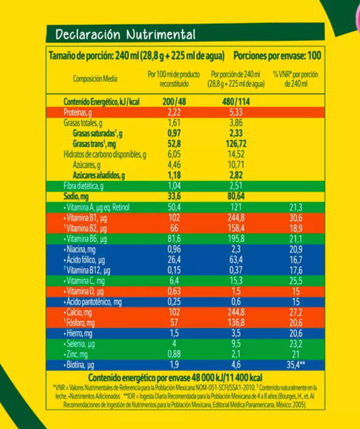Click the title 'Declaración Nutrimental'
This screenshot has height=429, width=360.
point(125,35)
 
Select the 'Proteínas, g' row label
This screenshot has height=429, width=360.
point(78,113)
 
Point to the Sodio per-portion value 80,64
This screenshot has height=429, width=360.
point(236,197)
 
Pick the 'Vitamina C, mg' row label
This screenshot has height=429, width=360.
point(84,281)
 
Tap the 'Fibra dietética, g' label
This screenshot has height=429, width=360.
point(84,186)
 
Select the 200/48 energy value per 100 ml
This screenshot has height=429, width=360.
point(174,102)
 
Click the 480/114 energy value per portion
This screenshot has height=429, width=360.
point(236,102)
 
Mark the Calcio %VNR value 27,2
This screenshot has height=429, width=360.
point(295,313)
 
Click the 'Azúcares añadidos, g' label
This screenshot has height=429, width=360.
point(99,176)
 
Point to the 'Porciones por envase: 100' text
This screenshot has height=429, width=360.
point(277,55)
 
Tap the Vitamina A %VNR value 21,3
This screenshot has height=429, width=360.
point(295,207)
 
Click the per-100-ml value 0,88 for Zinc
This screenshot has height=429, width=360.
point(174,355)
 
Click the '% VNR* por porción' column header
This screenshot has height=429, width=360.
point(296,79)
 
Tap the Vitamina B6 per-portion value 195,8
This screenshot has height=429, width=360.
point(236,239)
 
